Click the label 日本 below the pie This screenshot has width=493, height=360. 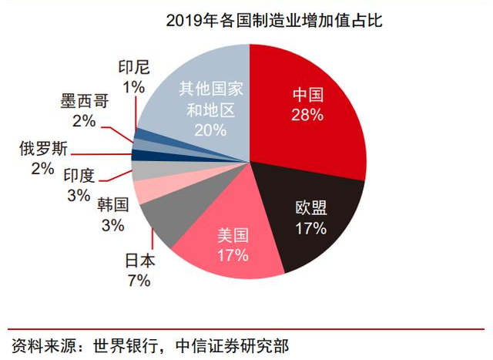[139, 261]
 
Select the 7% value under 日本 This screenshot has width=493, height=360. [139, 281]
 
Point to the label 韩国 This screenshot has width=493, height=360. [112, 206]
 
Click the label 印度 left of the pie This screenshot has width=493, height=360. [79, 177]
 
